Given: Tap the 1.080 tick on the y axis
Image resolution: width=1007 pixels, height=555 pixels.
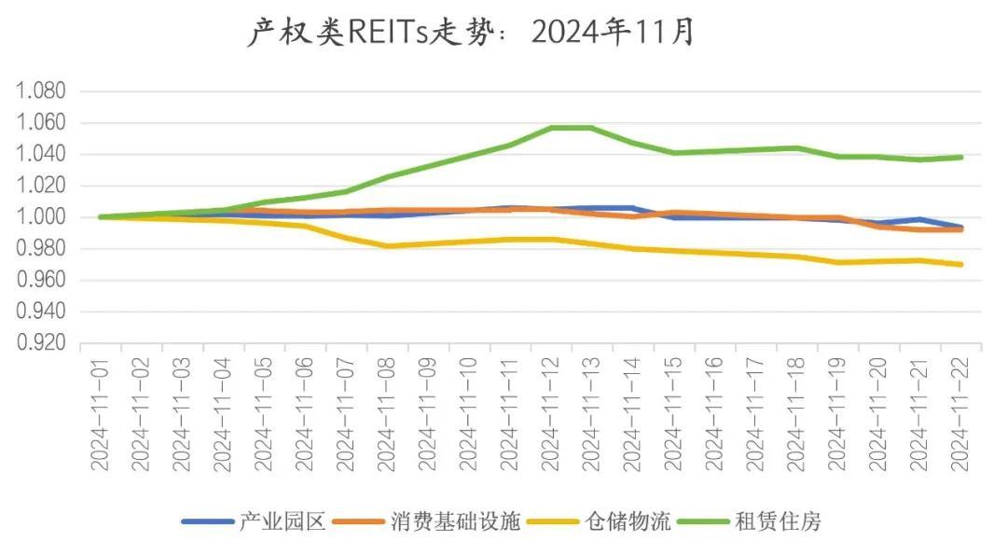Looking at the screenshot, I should pos(40,91).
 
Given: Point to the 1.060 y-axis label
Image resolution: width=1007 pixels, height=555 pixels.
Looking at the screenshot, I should pos(40,123).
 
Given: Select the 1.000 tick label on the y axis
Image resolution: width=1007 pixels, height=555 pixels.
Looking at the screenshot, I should pos(40,217).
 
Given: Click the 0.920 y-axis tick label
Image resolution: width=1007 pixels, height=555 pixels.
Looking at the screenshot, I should pos(40,343).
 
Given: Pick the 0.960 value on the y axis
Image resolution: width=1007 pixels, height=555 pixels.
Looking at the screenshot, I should pos(40,280).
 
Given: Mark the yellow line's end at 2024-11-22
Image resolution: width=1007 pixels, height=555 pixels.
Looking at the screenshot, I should pos(960,264).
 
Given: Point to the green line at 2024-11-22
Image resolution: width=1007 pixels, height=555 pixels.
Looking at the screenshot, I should pos(960,158).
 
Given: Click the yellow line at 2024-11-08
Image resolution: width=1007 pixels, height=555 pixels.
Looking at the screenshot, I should pos(386,246).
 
